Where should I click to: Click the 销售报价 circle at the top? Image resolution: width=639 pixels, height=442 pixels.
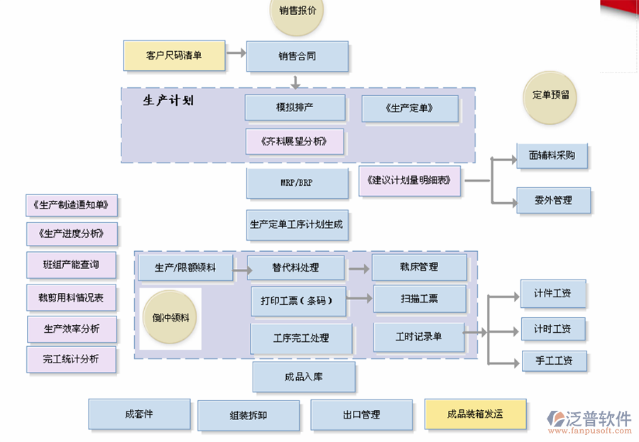(x=297, y=11)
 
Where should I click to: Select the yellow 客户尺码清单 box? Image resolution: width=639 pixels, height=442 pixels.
(x=174, y=55)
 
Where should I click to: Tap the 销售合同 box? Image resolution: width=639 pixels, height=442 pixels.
(x=297, y=56)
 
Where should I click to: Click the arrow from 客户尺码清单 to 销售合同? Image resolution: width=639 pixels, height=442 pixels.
(x=236, y=53)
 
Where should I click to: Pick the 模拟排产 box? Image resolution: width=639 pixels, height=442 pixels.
(x=295, y=108)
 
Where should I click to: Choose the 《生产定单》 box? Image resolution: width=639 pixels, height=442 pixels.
(x=410, y=109)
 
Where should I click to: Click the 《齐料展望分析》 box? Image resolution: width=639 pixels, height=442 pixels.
(x=294, y=141)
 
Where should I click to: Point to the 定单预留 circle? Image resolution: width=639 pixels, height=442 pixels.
(x=551, y=94)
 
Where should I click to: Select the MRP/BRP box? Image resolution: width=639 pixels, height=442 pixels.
(x=296, y=183)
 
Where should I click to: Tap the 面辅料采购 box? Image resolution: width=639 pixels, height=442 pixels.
(x=552, y=155)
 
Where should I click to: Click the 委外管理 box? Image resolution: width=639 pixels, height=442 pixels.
(x=552, y=201)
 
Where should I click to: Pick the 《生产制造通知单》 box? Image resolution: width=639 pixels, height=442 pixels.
(x=71, y=205)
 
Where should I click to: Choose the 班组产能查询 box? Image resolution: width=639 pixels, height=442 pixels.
(x=71, y=265)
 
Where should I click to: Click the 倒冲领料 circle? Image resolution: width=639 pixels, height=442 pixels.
(x=170, y=318)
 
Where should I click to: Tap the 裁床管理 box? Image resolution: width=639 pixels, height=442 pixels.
(x=419, y=267)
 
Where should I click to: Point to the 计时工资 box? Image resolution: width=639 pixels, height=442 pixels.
(x=552, y=328)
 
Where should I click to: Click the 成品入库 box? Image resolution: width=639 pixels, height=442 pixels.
(x=303, y=377)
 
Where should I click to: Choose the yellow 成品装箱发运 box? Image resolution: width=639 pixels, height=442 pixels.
(x=475, y=414)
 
